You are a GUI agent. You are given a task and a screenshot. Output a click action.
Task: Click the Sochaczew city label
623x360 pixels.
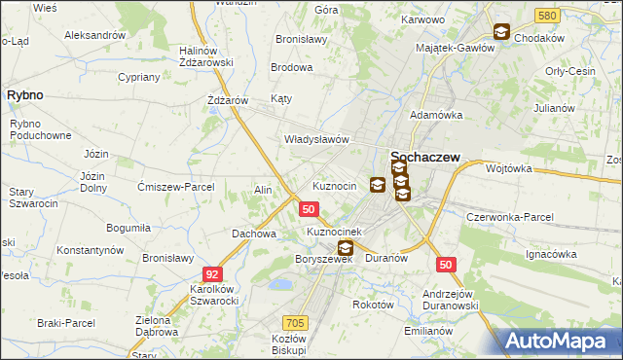425,156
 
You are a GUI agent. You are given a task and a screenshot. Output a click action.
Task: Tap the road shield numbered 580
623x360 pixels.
546,16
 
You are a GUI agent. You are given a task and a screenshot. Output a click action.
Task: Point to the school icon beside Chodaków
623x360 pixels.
501,32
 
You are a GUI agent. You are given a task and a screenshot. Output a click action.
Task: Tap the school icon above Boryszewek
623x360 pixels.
345,248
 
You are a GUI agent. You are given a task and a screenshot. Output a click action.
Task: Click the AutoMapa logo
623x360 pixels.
558,341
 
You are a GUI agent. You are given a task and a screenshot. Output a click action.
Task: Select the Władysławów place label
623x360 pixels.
316,139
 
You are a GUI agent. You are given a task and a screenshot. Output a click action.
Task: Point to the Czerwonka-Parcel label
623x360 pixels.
510,216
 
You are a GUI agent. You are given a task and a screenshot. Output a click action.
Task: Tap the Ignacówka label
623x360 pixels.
551,254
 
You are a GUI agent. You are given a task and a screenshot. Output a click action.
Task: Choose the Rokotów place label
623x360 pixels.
373,304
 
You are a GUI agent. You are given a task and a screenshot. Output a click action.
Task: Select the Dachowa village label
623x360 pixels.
254,234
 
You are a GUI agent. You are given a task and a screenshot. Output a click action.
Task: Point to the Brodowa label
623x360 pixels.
292,68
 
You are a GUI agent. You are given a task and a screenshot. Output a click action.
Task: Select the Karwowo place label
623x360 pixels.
421,18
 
